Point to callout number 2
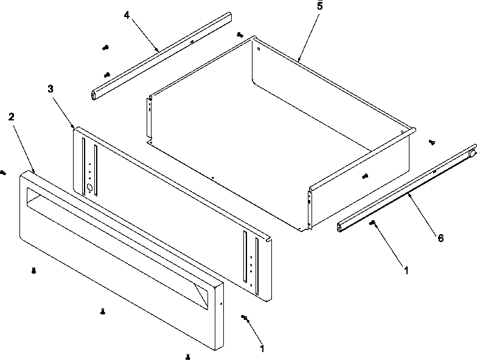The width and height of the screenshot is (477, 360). (11, 116)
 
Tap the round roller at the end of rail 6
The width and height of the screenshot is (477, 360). (472, 154)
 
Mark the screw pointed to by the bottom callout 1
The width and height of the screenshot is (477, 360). (245, 318)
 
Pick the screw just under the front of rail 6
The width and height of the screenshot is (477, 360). (373, 223)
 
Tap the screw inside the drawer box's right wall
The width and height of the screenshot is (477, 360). (364, 176)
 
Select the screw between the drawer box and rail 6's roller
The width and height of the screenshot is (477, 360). (431, 142)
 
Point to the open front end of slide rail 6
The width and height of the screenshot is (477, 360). (341, 228)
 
